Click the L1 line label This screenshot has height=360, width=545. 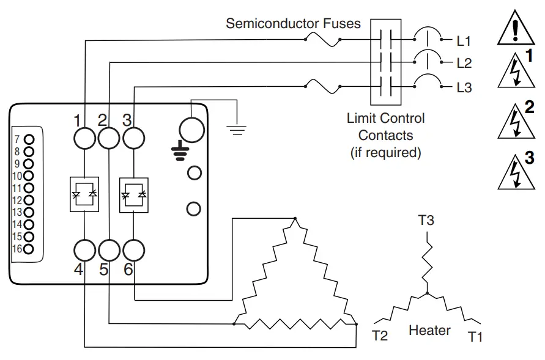pyautogui.click(x=464, y=42)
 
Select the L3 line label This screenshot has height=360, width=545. pyautogui.click(x=464, y=87)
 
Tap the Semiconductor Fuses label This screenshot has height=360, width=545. pyautogui.click(x=293, y=24)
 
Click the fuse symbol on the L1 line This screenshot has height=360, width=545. pyautogui.click(x=322, y=40)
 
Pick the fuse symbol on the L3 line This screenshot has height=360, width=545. pyautogui.click(x=322, y=87)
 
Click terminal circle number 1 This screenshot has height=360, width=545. pyautogui.click(x=84, y=139)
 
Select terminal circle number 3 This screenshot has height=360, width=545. pyautogui.click(x=133, y=139)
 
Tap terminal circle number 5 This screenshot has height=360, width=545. pyautogui.click(x=109, y=250)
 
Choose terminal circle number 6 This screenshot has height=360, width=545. pyautogui.click(x=133, y=250)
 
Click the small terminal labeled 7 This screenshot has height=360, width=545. pyautogui.click(x=29, y=139)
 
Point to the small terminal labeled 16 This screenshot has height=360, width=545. pyautogui.click(x=29, y=249)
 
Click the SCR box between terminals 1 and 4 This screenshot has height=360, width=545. pyautogui.click(x=84, y=194)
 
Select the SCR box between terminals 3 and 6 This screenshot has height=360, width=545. pyautogui.click(x=133, y=194)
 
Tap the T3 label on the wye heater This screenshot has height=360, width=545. pyautogui.click(x=426, y=219)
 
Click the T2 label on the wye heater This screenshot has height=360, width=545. pyautogui.click(x=380, y=336)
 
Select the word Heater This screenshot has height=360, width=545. pyautogui.click(x=429, y=331)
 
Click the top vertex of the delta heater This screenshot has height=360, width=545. pyautogui.click(x=295, y=219)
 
